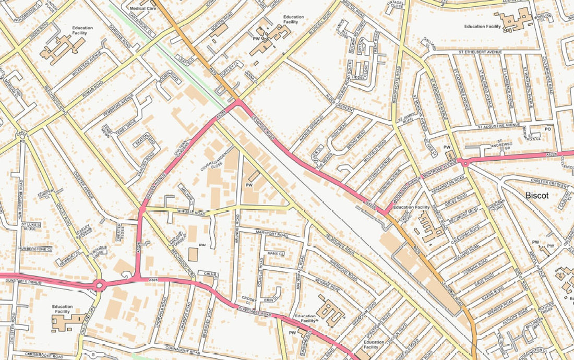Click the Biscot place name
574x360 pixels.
point(537,196)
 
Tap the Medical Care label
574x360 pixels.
point(142,8)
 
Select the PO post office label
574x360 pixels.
point(547,128)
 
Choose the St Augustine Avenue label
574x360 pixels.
point(499,126)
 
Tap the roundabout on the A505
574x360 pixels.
point(100,285)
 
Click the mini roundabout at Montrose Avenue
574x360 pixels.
point(464,162)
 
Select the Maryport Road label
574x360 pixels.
point(271,235)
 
